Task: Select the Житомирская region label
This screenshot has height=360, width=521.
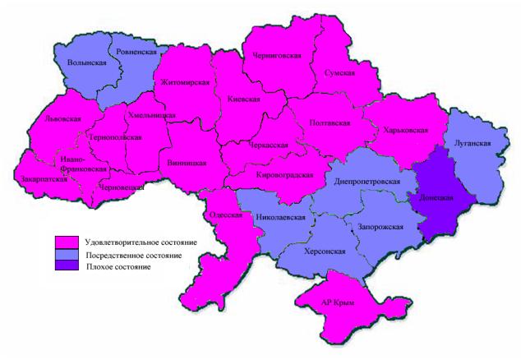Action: coord(185,82)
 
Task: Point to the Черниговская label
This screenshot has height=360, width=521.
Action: coord(279,55)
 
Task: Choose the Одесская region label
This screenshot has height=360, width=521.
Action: coord(226,215)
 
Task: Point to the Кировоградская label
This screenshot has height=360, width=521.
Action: coord(284,175)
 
